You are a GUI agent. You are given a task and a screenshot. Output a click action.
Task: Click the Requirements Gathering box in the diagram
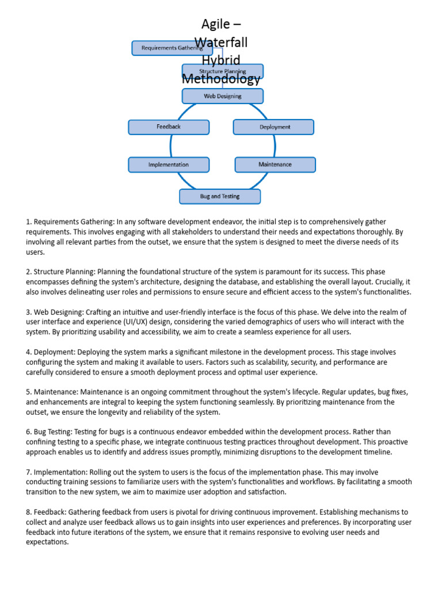[x=168, y=48]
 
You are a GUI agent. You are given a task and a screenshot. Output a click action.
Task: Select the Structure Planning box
[x=222, y=71]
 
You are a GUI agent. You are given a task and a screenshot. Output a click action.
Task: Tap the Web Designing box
[x=222, y=96]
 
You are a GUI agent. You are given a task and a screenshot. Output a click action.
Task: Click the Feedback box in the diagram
[x=168, y=127]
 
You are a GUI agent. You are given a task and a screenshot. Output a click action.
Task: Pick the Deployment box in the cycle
[x=274, y=127]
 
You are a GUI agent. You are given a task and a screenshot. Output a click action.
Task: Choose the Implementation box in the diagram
[x=168, y=165]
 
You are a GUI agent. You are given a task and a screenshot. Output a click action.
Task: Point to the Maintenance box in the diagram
[x=275, y=165]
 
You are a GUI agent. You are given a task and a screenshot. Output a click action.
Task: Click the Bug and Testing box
[x=219, y=197]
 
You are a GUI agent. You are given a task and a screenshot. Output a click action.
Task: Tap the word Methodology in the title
[x=221, y=79]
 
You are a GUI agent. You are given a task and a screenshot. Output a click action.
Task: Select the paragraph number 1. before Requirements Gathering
[x=29, y=222]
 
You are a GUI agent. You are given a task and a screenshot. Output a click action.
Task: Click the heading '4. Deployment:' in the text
[x=50, y=352]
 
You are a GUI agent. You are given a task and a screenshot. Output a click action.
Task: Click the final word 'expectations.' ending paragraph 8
[x=47, y=542]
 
